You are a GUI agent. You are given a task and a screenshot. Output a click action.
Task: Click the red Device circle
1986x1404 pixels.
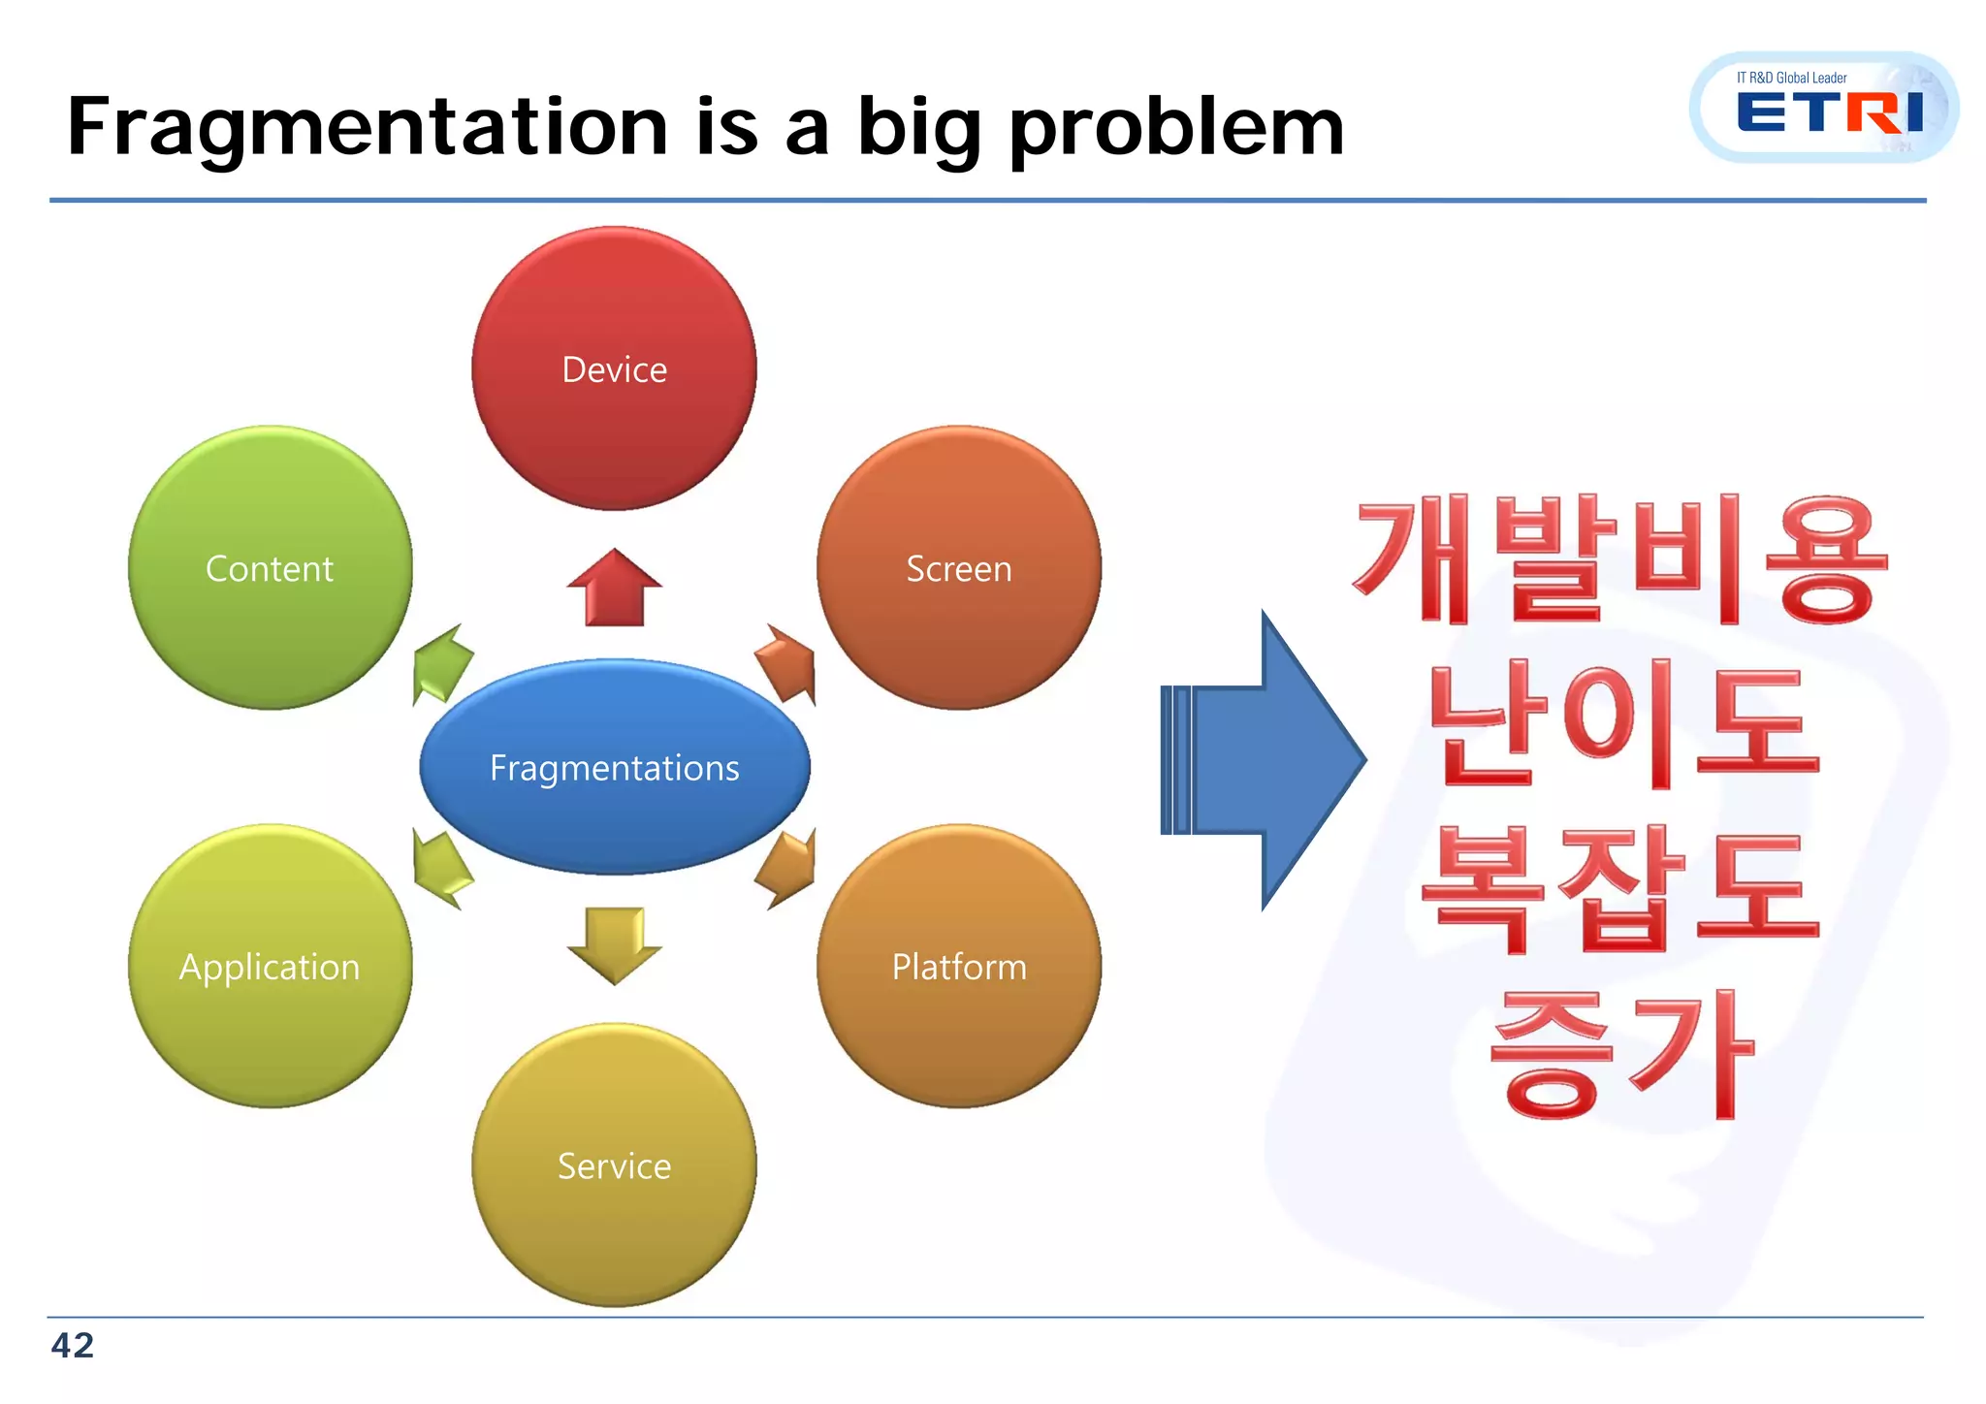(x=614, y=368)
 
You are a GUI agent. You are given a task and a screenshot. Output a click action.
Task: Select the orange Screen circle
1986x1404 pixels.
(x=958, y=568)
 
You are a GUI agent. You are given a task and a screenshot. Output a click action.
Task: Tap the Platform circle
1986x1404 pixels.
(x=958, y=966)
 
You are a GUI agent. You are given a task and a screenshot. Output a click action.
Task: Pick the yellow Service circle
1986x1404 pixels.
(x=614, y=1165)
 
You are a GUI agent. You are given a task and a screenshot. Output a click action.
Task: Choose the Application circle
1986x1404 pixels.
(x=270, y=966)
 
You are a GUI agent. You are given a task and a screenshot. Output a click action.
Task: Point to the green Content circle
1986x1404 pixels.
(x=270, y=568)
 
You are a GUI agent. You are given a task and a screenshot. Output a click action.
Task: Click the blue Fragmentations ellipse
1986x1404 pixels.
(x=614, y=767)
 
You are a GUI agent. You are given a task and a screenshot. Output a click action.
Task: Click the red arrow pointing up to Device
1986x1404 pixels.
(x=614, y=589)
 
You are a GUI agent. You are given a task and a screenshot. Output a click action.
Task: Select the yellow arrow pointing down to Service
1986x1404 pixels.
(x=614, y=943)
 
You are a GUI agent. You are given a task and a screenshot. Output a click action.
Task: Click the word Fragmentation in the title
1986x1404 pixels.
(x=367, y=128)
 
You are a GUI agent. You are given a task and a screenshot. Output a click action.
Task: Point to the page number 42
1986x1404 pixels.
(x=73, y=1345)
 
